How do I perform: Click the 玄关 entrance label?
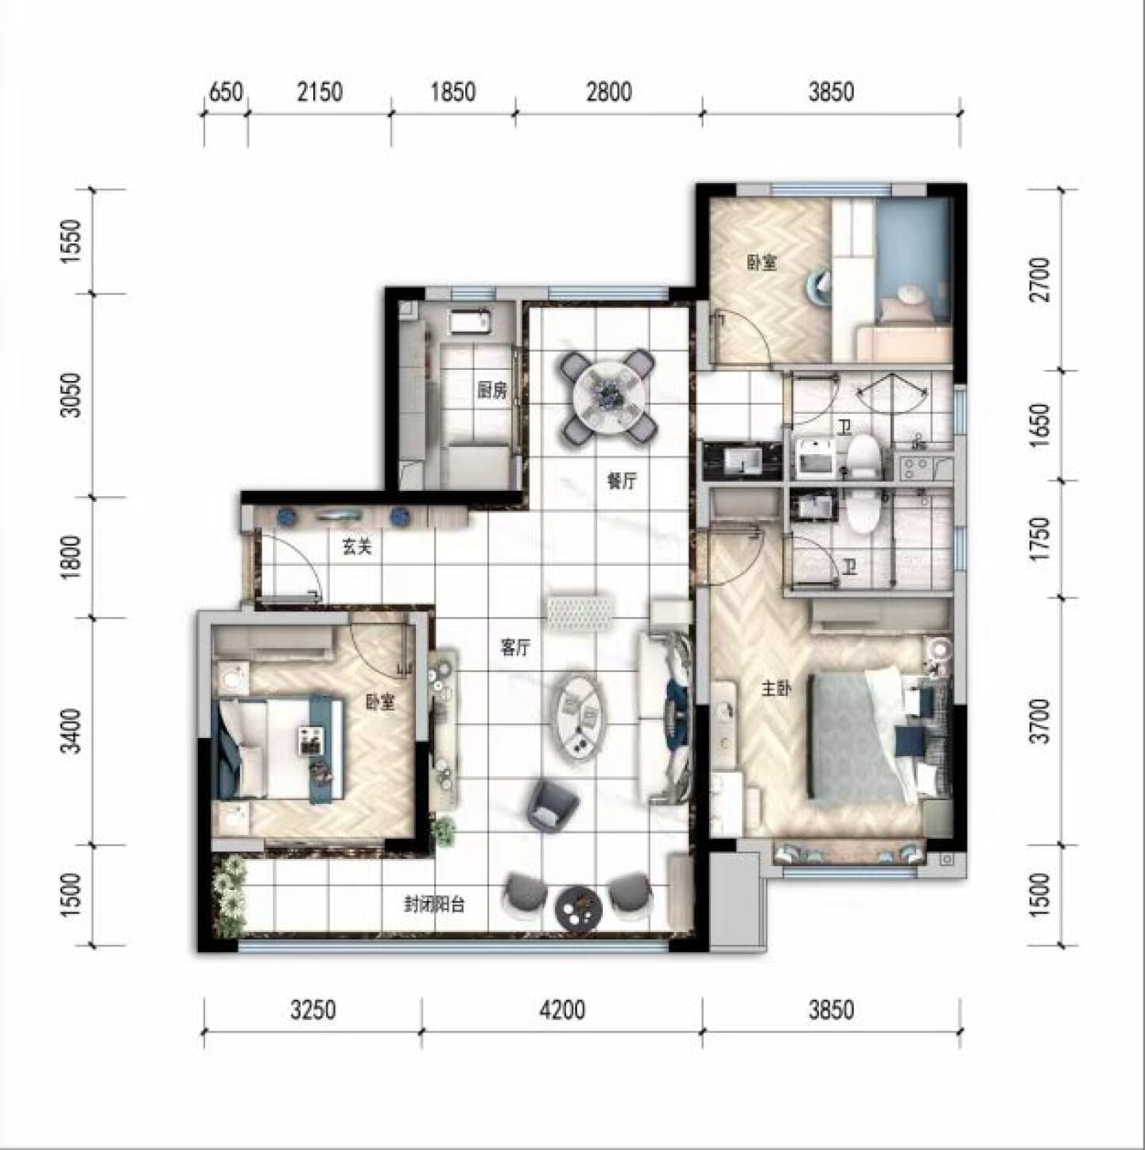pyautogui.click(x=357, y=546)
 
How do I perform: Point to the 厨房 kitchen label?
pyautogui.click(x=491, y=391)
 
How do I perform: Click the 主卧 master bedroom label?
pyautogui.click(x=776, y=690)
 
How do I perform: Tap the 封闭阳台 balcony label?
pyautogui.click(x=434, y=905)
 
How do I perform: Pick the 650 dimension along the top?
pyautogui.click(x=226, y=92)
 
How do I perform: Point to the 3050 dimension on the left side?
pyautogui.click(x=72, y=395)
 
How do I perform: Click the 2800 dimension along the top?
pyautogui.click(x=608, y=92)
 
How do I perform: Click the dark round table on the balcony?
pyautogui.click(x=578, y=905)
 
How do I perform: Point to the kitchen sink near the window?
pyautogui.click(x=470, y=322)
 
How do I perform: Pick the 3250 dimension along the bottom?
pyautogui.click(x=313, y=1010)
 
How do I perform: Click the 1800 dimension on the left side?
pyautogui.click(x=72, y=557)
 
